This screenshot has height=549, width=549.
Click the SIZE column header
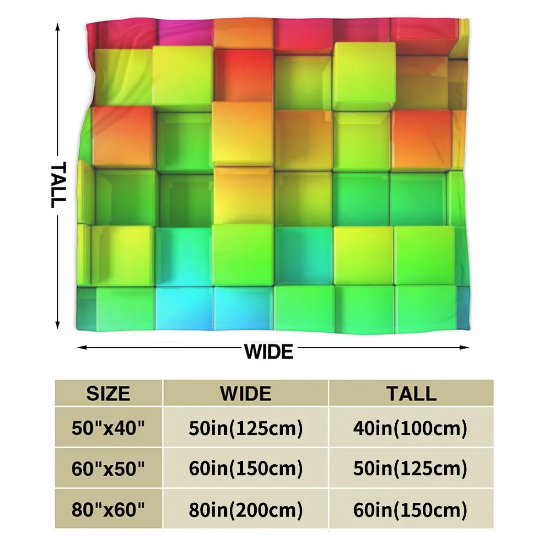click(108, 393)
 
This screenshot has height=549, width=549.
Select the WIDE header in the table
click(246, 393)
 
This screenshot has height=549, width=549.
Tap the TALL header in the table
click(411, 393)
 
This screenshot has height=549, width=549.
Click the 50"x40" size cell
click(108, 429)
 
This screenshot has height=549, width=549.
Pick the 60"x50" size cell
click(108, 468)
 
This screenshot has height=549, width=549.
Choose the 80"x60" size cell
click(108, 510)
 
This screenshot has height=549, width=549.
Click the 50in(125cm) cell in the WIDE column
click(246, 429)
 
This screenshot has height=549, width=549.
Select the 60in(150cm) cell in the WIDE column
click(246, 468)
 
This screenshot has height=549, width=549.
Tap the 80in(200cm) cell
click(246, 510)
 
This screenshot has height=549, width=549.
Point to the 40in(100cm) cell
click(410, 429)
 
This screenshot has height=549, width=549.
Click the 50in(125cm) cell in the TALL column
click(410, 468)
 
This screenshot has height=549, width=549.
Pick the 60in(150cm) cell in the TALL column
click(410, 510)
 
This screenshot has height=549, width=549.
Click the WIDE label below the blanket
click(269, 352)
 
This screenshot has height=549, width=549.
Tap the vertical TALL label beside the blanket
click(58, 184)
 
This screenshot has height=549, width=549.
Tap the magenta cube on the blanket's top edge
click(185, 31)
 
